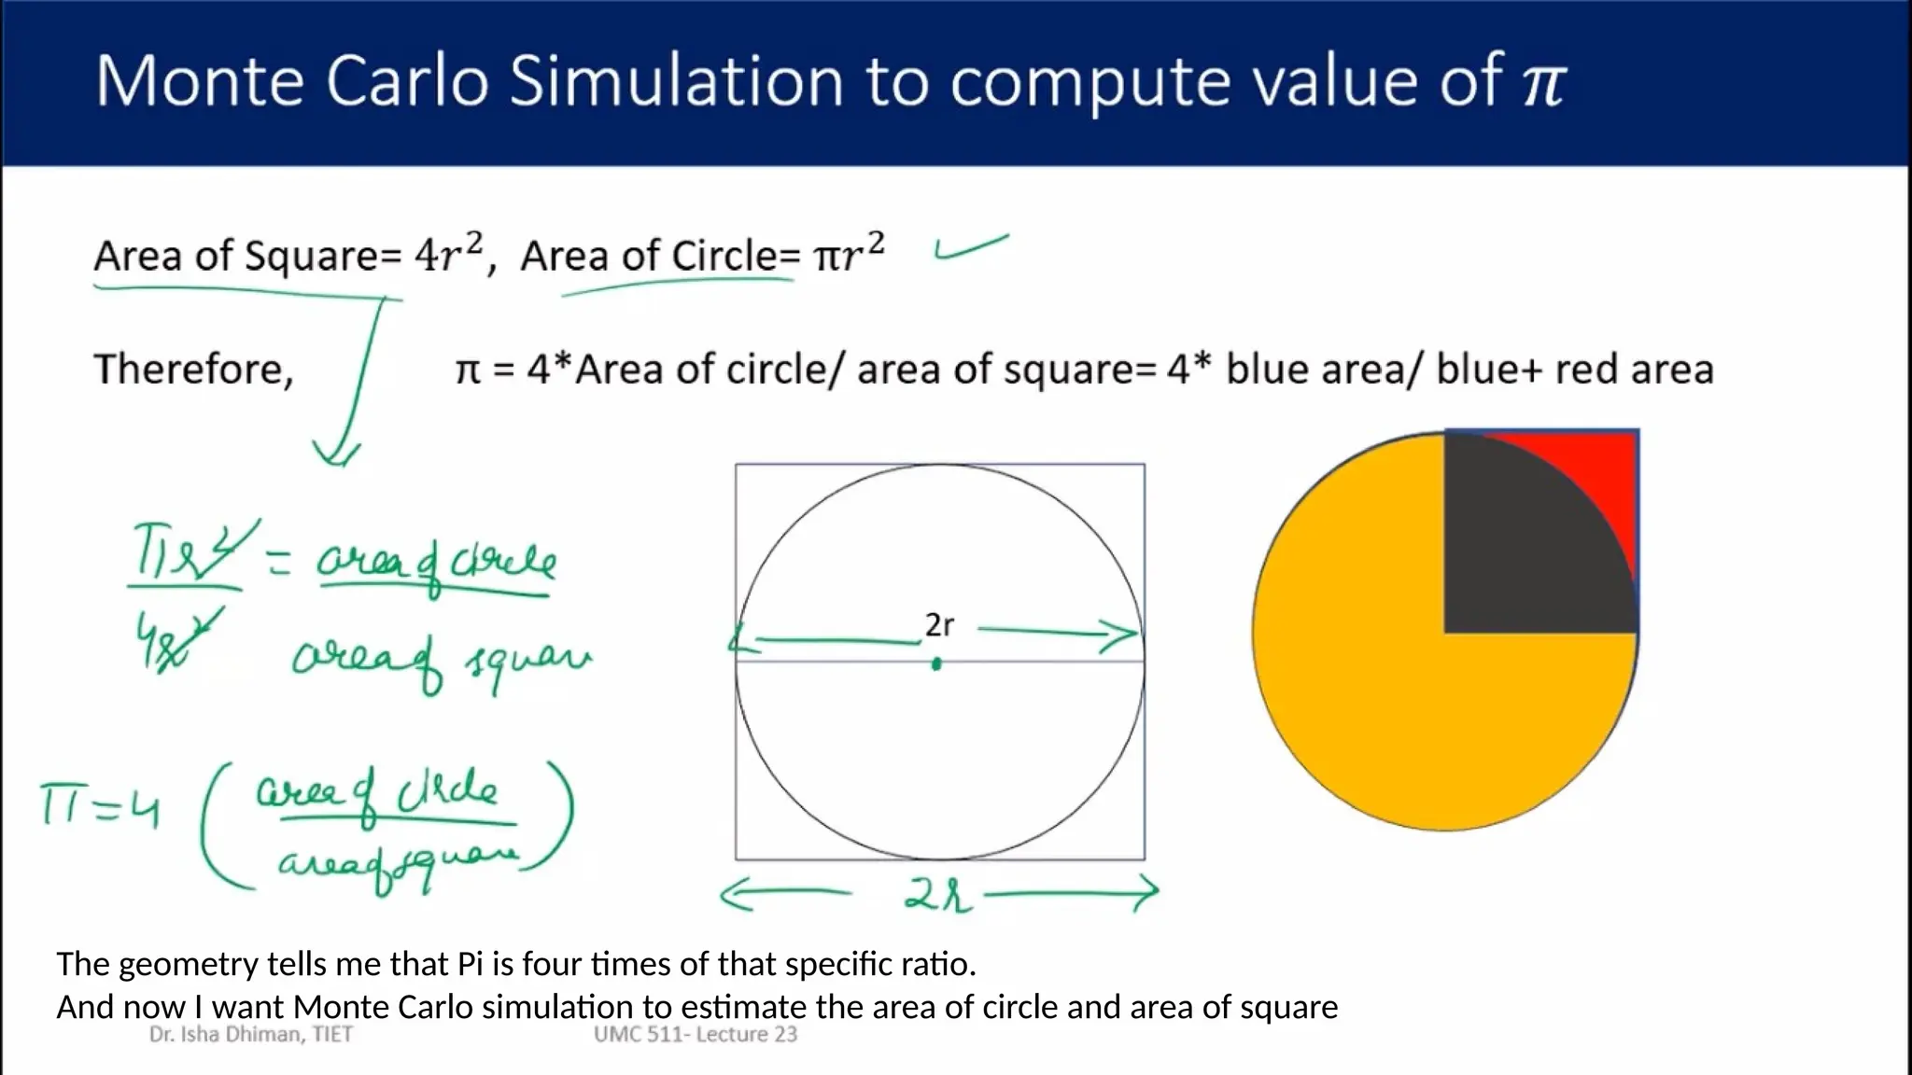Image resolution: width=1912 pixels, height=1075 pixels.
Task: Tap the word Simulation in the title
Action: [x=677, y=82]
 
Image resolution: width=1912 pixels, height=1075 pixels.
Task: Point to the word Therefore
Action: [x=194, y=370]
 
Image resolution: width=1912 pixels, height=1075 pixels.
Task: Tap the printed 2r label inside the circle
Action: [x=939, y=625]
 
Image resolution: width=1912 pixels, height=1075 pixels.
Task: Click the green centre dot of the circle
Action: [x=936, y=664]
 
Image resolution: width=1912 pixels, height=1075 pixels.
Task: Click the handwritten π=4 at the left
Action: [x=99, y=806]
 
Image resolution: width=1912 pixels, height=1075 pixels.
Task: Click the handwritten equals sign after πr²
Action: [x=278, y=561]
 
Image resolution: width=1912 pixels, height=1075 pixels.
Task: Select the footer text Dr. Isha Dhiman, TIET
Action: [x=251, y=1034]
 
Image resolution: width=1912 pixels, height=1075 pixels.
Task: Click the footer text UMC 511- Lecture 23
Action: [x=696, y=1034]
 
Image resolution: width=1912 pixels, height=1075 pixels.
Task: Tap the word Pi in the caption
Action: [x=470, y=964]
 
